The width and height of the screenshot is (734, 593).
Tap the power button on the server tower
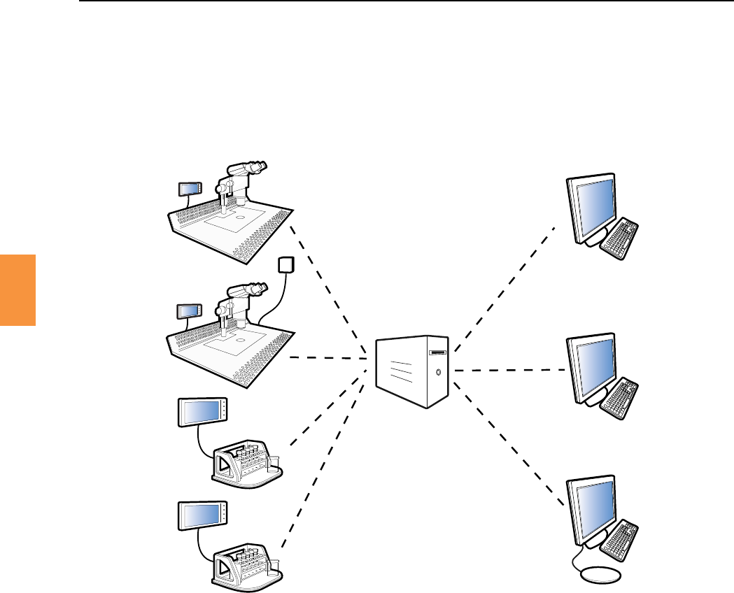[x=439, y=372]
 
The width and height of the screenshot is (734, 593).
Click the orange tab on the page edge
[x=17, y=290]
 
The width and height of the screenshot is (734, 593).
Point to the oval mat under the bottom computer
[x=601, y=574]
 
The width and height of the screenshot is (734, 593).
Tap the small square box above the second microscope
[x=285, y=264]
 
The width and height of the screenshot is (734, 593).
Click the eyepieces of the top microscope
[x=255, y=169]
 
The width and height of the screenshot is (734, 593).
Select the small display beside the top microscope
[x=190, y=188]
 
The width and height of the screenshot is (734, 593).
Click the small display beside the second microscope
[x=188, y=310]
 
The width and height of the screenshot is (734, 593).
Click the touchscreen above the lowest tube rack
[x=202, y=516]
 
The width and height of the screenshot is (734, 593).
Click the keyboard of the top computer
[x=620, y=238]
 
